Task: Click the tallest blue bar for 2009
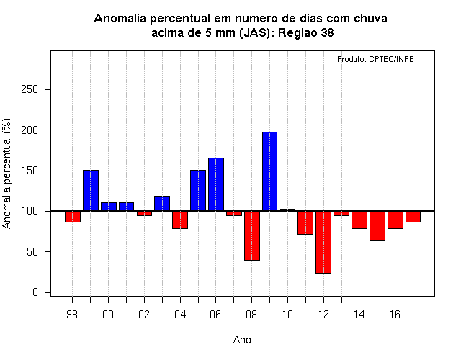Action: pyautogui.click(x=269, y=171)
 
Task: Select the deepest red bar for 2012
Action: pyautogui.click(x=323, y=242)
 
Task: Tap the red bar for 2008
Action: pyautogui.click(x=252, y=235)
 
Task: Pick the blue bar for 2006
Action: pyautogui.click(x=216, y=184)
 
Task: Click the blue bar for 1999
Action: pyautogui.click(x=91, y=190)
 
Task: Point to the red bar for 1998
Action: pyautogui.click(x=73, y=217)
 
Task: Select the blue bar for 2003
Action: pyautogui.click(x=162, y=203)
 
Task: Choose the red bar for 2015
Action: pyautogui.click(x=377, y=226)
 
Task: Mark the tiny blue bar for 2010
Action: pyautogui.click(x=287, y=210)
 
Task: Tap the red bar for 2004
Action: pyautogui.click(x=180, y=220)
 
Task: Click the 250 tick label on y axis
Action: pyautogui.click(x=30, y=89)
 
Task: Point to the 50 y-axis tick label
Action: pyautogui.click(x=32, y=252)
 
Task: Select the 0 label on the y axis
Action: pyautogui.click(x=35, y=292)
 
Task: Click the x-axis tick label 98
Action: pyautogui.click(x=72, y=315)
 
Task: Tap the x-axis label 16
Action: pyautogui.click(x=395, y=315)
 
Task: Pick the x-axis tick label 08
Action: pyautogui.click(x=251, y=315)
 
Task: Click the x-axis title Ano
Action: pyautogui.click(x=242, y=340)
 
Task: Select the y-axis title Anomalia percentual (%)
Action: pyautogui.click(x=6, y=174)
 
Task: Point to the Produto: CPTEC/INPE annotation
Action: pyautogui.click(x=375, y=59)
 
